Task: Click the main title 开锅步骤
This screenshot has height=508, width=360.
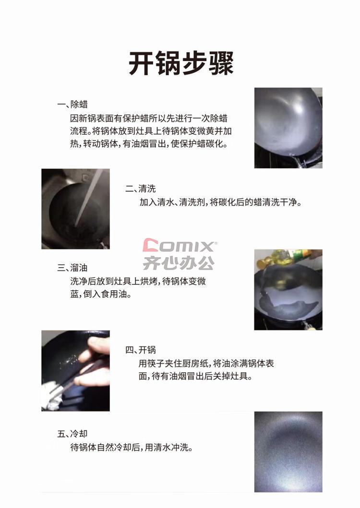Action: [x=181, y=63]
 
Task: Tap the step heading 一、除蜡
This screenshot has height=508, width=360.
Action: [x=72, y=104]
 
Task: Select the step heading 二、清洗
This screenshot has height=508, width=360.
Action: [x=141, y=188]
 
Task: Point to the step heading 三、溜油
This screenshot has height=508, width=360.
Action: [x=72, y=268]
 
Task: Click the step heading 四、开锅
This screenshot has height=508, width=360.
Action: [x=141, y=350]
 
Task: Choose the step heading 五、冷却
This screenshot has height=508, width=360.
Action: [x=72, y=434]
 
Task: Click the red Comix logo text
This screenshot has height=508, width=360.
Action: [x=180, y=245]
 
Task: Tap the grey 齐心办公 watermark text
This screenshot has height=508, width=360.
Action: [x=179, y=263]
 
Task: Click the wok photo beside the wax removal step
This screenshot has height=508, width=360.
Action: [x=288, y=128]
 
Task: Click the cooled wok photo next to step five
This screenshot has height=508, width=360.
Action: [x=288, y=451]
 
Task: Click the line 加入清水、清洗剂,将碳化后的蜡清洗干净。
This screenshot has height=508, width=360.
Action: [x=220, y=202]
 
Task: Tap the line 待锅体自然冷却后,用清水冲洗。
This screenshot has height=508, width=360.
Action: [x=132, y=448]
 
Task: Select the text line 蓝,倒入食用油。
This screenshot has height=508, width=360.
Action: [x=101, y=294]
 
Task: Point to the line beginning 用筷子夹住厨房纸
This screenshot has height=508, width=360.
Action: [x=206, y=363]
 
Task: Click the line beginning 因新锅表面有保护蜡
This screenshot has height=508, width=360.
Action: [x=149, y=118]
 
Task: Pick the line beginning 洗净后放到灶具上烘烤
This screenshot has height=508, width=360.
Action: [x=138, y=281]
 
